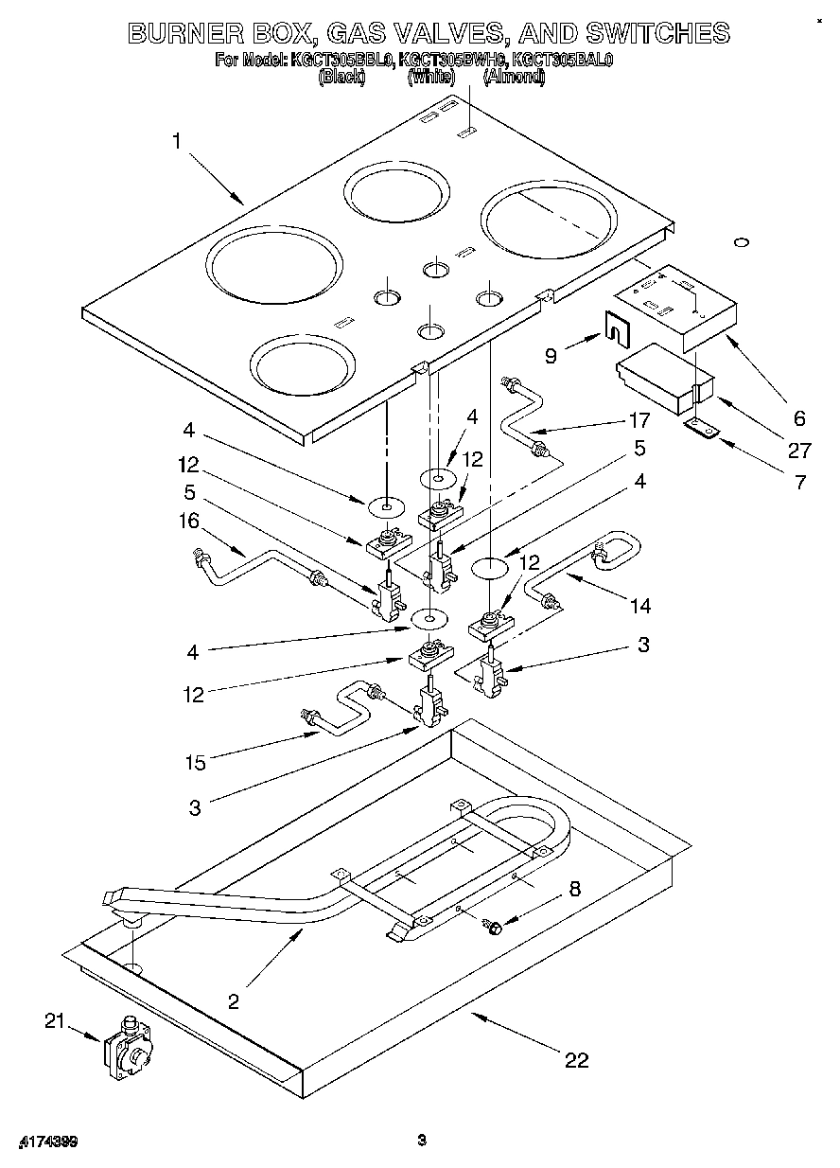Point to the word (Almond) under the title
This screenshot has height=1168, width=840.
point(514,78)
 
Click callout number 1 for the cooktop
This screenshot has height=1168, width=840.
point(177,142)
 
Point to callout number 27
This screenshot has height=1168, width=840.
point(800,451)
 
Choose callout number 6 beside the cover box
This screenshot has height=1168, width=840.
point(799,417)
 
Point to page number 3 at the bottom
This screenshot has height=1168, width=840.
point(422,1140)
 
